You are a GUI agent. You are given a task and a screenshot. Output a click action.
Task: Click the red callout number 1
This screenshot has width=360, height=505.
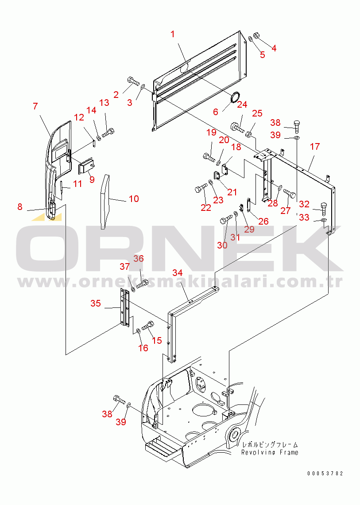(x=173, y=34)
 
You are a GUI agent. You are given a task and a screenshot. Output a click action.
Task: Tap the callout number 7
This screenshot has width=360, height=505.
(x=35, y=106)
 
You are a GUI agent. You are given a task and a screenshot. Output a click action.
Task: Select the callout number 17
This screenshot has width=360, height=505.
(x=314, y=147)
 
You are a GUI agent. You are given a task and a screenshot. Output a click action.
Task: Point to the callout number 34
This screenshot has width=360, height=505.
(x=178, y=273)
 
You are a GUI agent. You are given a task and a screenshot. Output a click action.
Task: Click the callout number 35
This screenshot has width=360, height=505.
(x=96, y=303)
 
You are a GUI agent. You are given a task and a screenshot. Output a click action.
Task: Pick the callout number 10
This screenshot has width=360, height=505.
(x=134, y=199)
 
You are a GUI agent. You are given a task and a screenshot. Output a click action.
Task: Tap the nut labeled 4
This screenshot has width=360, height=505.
(x=257, y=35)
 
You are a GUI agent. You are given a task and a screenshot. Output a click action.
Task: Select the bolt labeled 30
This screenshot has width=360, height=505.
(x=226, y=219)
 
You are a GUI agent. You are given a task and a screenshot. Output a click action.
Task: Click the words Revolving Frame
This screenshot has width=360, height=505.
(x=270, y=452)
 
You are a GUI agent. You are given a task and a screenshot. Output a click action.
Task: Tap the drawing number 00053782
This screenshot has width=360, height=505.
(x=325, y=473)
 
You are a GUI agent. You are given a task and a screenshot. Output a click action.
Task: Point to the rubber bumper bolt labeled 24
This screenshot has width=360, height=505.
(x=237, y=127)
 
